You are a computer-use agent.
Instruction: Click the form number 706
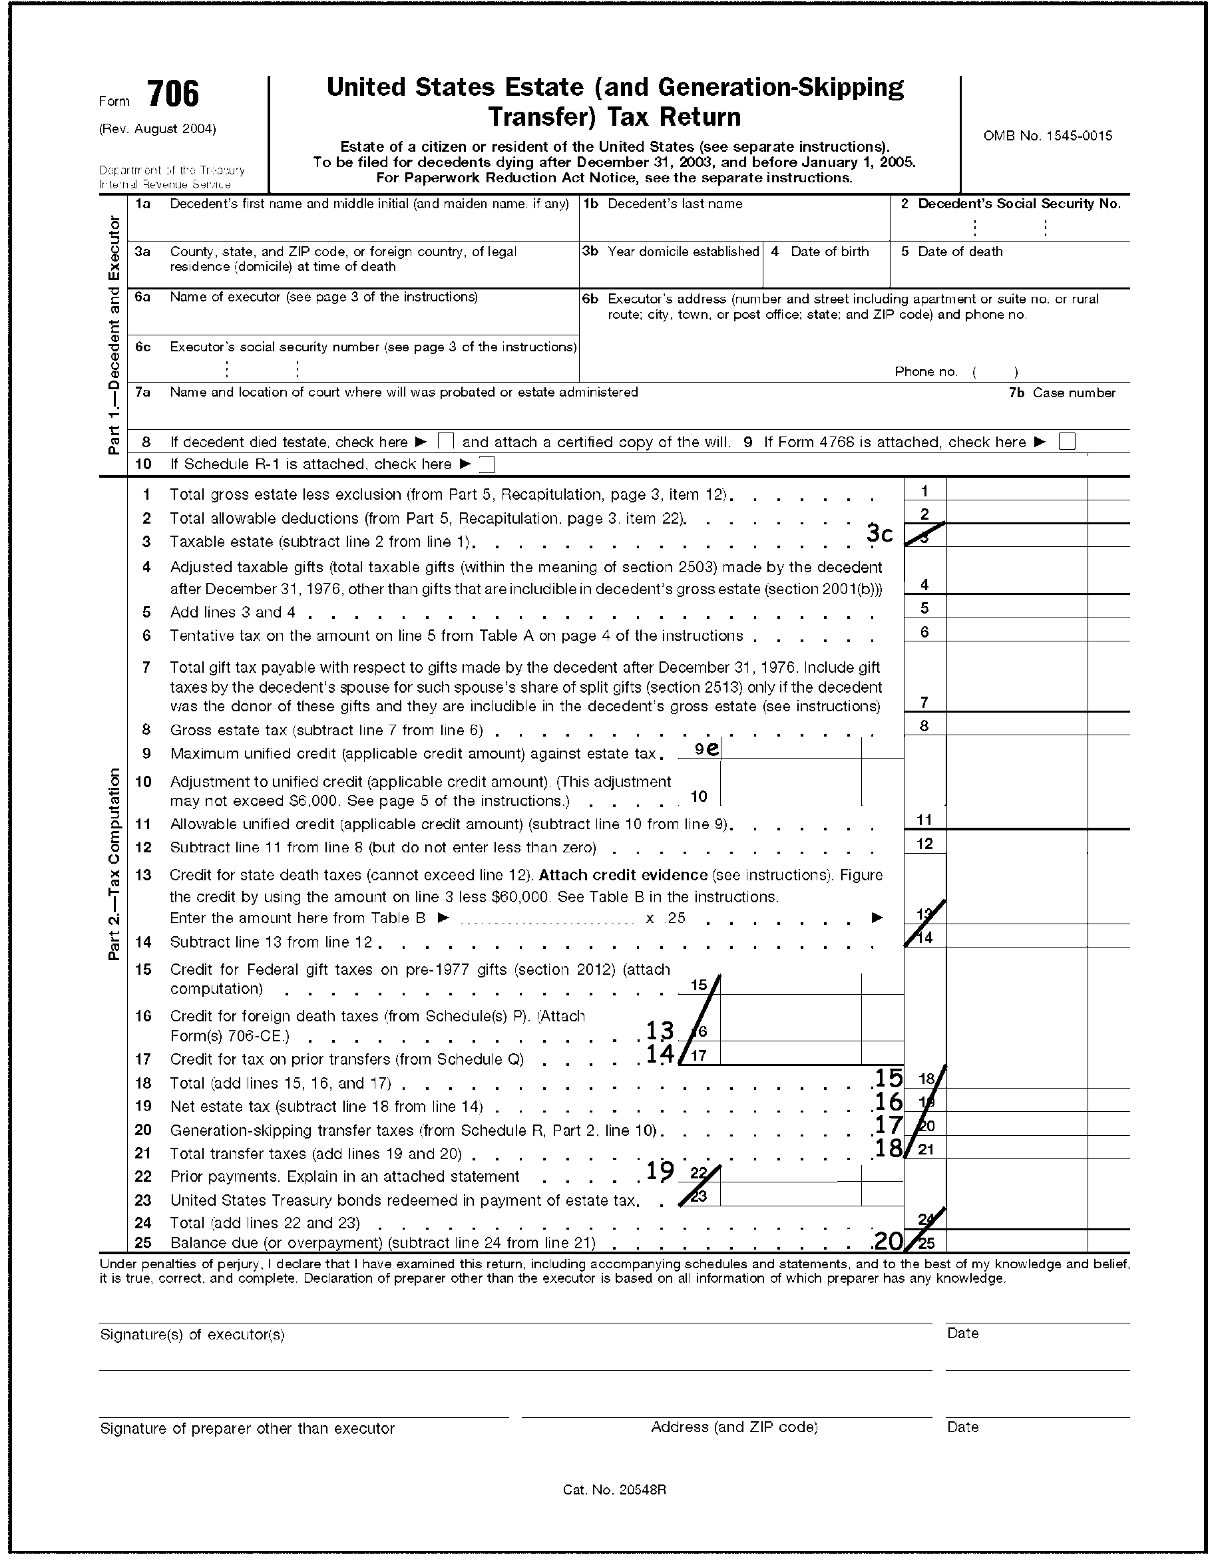pos(173,95)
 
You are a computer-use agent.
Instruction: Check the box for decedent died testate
pos(446,442)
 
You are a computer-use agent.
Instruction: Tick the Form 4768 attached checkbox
pos(1067,442)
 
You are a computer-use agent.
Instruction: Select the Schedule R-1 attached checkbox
pos(487,464)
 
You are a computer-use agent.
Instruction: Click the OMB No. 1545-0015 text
pos(1047,136)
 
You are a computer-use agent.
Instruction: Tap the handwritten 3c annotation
pos(879,533)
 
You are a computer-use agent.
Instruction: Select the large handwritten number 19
pos(660,1171)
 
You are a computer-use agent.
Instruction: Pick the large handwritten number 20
pos(887,1241)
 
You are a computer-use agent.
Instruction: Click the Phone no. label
pos(926,371)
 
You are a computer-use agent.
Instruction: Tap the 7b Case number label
pos(1062,393)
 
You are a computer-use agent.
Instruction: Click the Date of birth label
pos(829,252)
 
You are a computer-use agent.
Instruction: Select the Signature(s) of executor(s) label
pos(192,1335)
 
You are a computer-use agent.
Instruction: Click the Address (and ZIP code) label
pos(733,1427)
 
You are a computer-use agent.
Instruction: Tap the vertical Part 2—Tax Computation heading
pos(114,864)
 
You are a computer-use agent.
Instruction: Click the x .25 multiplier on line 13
pos(666,918)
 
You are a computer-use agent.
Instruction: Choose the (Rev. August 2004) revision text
pos(158,129)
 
